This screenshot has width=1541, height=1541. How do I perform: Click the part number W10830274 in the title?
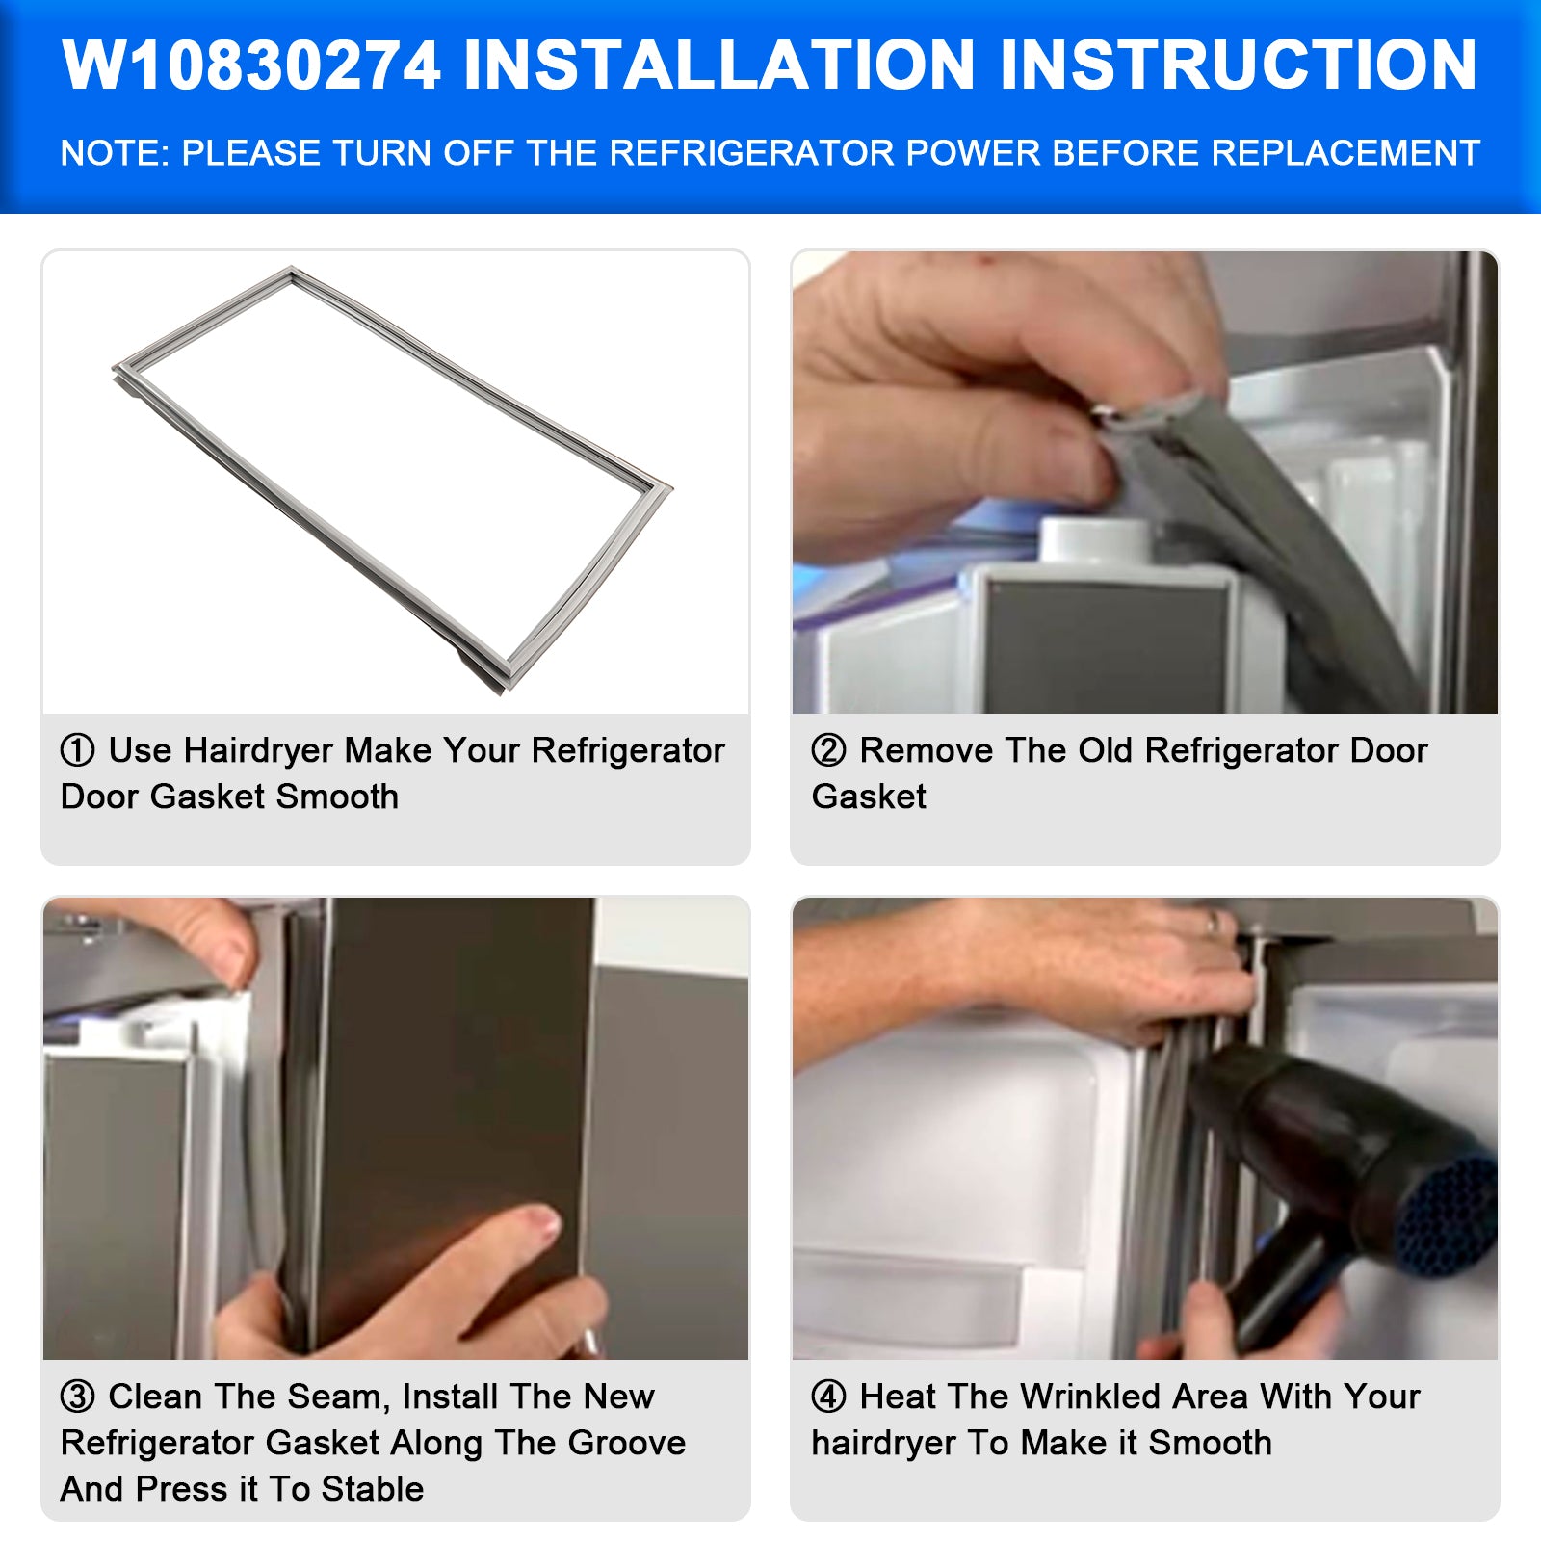click(252, 65)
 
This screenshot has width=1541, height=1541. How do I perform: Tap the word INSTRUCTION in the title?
click(1239, 65)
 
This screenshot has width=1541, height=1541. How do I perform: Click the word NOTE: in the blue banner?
click(115, 153)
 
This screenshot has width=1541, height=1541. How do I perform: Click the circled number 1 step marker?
click(77, 750)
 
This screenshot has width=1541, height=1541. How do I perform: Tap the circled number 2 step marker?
click(828, 750)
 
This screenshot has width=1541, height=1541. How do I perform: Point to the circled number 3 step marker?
click(77, 1397)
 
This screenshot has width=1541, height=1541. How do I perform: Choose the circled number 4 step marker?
click(828, 1397)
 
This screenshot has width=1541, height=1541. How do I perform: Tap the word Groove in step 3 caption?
click(627, 1443)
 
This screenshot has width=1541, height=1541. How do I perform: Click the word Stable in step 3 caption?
click(373, 1489)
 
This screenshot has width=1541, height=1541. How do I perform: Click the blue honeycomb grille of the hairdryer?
click(1445, 1215)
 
